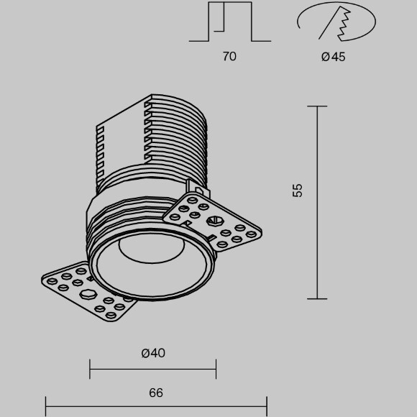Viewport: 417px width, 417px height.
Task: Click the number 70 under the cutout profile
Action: [x=229, y=56]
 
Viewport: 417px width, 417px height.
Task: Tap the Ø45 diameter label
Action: [x=333, y=56]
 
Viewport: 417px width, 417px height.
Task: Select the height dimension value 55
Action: [x=298, y=190]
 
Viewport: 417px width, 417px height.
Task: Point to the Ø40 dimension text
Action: [x=153, y=352]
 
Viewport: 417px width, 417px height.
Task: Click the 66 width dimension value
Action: [x=156, y=393]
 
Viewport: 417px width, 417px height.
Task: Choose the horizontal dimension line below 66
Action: [x=156, y=406]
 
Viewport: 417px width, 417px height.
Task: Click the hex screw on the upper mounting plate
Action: [x=214, y=223]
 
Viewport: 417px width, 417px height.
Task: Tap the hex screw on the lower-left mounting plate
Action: [x=86, y=295]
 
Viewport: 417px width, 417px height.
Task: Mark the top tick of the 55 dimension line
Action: [x=317, y=106]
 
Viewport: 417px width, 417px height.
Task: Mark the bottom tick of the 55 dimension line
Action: [x=317, y=298]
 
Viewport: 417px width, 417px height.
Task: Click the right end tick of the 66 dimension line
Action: [x=267, y=406]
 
